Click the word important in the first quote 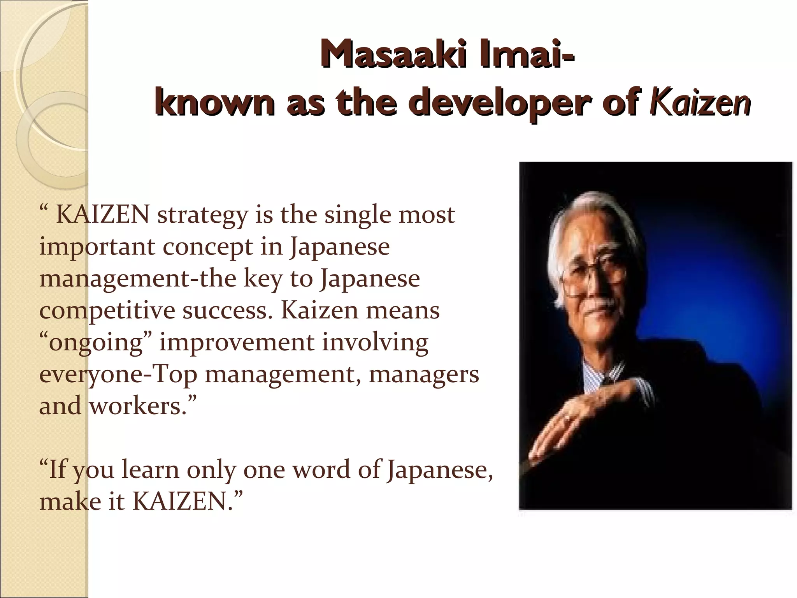[97, 248]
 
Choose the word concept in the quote [208, 248]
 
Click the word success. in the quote [227, 311]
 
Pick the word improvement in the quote [237, 343]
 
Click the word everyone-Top [118, 375]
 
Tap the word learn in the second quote [150, 470]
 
